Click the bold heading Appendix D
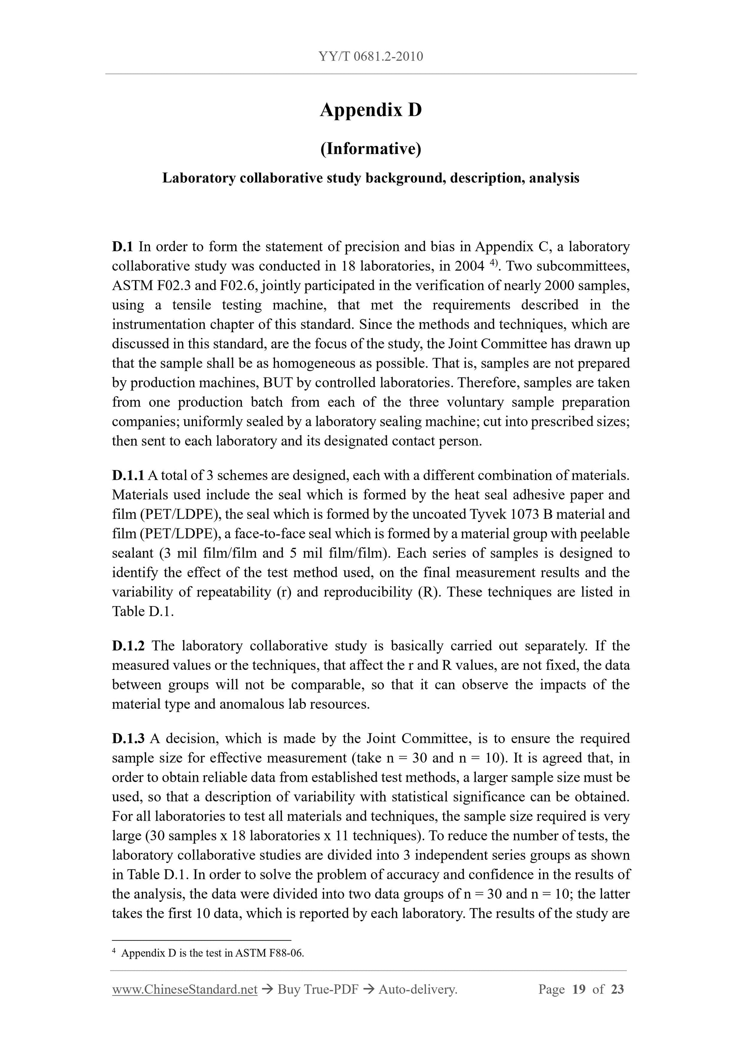tap(371, 110)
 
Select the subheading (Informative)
tap(371, 149)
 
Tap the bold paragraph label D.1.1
tap(128, 475)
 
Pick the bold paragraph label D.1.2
tap(128, 645)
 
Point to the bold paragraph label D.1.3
tap(128, 738)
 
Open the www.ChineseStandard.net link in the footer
tap(185, 989)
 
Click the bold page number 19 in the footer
tap(579, 989)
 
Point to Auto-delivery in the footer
tap(418, 989)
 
